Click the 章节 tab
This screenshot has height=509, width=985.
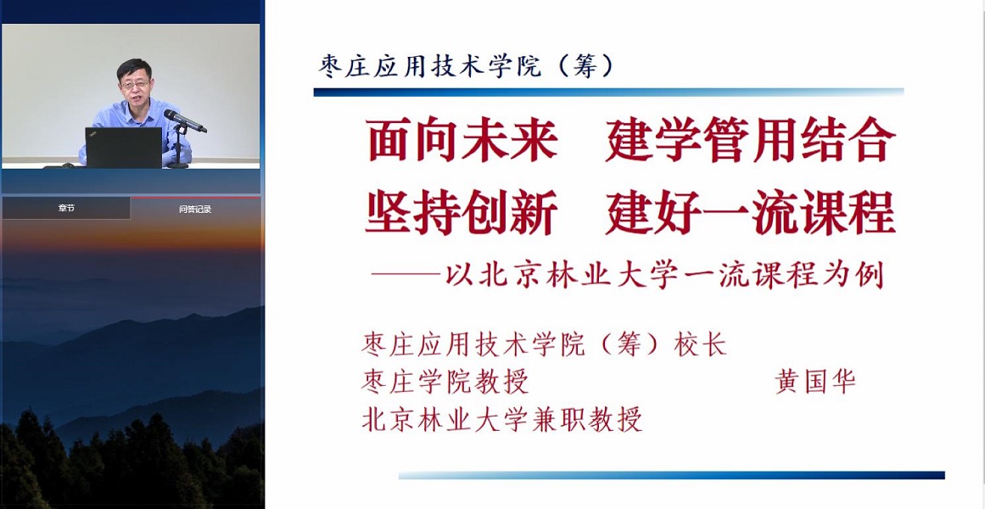tap(66, 208)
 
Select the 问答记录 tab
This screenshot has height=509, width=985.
tap(195, 209)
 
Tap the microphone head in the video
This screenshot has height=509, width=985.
tap(175, 115)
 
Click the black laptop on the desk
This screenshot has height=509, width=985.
tap(124, 148)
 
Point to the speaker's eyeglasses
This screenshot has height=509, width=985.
tap(134, 84)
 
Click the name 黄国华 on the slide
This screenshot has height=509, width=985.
tap(815, 381)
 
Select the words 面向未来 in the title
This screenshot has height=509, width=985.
tap(462, 139)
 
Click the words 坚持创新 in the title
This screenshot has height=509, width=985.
tap(462, 212)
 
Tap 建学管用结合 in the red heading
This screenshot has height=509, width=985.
tap(750, 139)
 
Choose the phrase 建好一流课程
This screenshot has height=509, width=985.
tap(750, 212)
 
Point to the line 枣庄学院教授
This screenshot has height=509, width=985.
tap(445, 382)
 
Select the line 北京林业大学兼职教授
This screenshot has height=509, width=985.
tap(502, 419)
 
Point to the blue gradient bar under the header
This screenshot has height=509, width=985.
tap(608, 92)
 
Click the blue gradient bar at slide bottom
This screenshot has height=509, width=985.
tap(672, 476)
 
